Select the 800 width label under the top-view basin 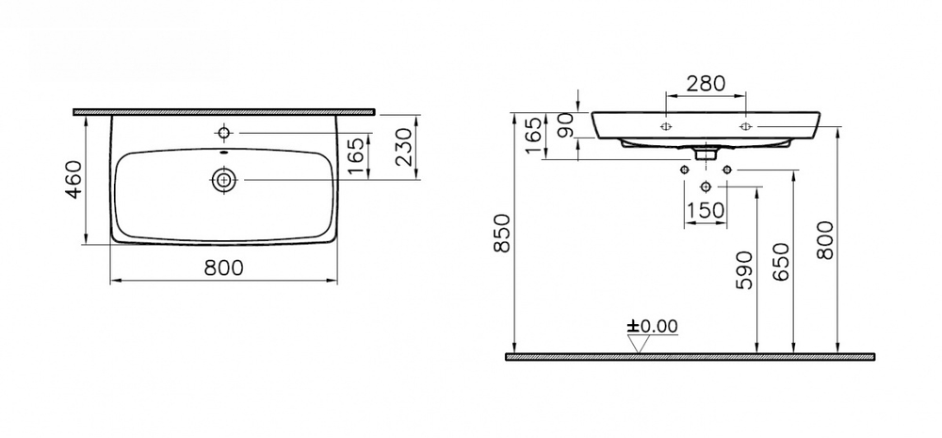point(224,268)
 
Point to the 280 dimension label point(706,83)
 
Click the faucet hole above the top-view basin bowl point(224,131)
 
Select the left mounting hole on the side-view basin point(666,125)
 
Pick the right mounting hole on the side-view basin point(745,125)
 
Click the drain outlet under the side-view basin point(706,151)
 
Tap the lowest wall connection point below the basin point(706,187)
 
